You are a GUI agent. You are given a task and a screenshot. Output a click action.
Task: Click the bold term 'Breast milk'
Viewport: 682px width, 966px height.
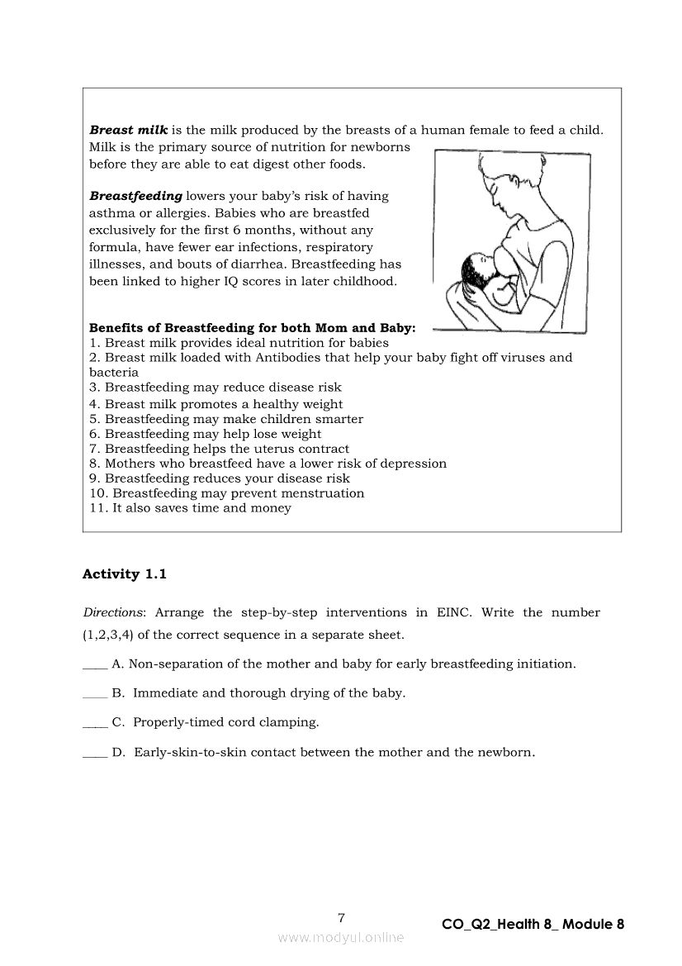128,131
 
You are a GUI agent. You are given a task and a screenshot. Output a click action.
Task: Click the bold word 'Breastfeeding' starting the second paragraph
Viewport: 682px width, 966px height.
135,197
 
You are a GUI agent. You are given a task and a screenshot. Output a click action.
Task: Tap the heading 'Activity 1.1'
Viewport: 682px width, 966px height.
125,573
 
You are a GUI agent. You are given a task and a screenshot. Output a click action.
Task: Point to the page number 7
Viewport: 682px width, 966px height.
341,917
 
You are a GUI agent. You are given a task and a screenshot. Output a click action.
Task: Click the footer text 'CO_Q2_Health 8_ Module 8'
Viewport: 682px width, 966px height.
533,925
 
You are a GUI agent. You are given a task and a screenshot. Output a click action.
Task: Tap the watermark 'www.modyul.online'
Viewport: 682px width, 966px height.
341,937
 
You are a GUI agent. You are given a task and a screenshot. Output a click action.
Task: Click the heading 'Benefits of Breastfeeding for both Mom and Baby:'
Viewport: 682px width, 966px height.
252,327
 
